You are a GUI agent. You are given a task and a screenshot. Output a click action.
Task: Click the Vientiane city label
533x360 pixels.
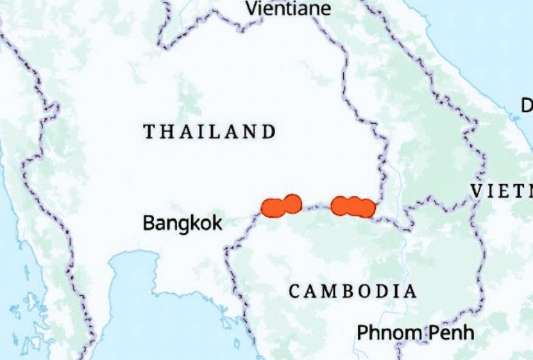(x=289, y=8)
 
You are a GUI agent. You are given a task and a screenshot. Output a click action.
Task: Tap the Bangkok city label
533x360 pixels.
(x=182, y=223)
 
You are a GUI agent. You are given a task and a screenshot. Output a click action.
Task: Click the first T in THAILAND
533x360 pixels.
(x=149, y=132)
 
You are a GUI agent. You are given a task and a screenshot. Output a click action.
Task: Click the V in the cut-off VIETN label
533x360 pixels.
(x=477, y=191)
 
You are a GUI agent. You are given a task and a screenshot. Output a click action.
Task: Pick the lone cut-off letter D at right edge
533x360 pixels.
(x=527, y=106)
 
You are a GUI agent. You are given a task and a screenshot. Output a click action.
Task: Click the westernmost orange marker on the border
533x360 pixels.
(x=272, y=207)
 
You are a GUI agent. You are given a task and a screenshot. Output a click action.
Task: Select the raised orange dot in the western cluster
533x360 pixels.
(x=292, y=203)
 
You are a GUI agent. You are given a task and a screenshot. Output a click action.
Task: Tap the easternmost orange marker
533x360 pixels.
(x=366, y=208)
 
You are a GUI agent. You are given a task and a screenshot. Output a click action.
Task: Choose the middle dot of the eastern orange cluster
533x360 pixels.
(x=353, y=205)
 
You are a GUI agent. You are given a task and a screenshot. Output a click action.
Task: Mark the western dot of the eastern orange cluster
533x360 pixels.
(x=341, y=205)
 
